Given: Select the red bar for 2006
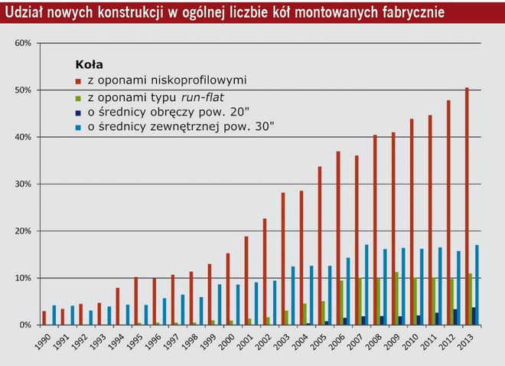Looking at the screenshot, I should (x=338, y=238).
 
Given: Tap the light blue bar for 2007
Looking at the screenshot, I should (x=367, y=285).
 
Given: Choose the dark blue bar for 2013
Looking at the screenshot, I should (x=474, y=316).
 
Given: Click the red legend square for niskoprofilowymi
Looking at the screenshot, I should (x=78, y=79).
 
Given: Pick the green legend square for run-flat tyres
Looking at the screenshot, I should (x=78, y=96).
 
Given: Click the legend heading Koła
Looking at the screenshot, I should (x=89, y=64).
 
